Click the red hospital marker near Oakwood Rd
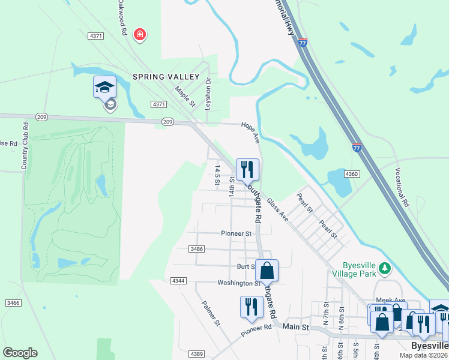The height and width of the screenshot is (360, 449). pyautogui.click(x=140, y=35)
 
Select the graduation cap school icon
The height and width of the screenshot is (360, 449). pyautogui.click(x=104, y=88)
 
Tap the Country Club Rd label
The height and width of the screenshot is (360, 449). pyautogui.click(x=26, y=146)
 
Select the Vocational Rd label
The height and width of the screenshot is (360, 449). pyautogui.click(x=402, y=186)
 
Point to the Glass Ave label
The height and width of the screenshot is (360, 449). pyautogui.click(x=278, y=210)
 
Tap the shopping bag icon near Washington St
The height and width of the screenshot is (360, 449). pyautogui.click(x=267, y=271)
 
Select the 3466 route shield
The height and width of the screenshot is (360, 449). pyautogui.click(x=13, y=304)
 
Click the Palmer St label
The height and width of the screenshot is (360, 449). pyautogui.click(x=211, y=313)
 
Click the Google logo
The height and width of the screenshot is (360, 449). pyautogui.click(x=19, y=353)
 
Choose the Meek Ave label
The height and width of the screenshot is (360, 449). pyautogui.click(x=390, y=300)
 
